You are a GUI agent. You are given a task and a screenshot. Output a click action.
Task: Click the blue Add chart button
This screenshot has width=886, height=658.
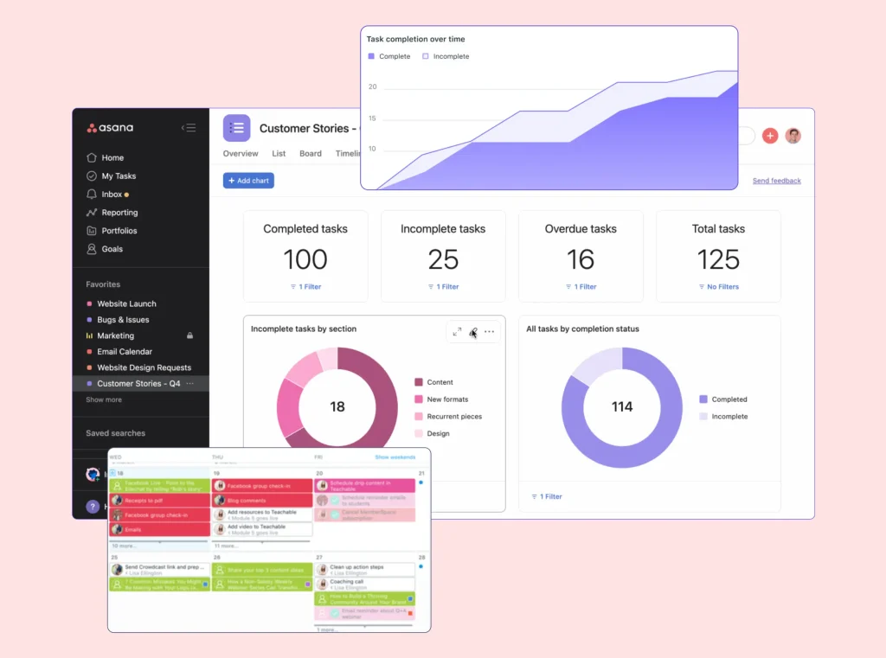[x=248, y=181]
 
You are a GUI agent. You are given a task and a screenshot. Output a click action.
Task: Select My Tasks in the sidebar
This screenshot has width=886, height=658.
[x=119, y=176]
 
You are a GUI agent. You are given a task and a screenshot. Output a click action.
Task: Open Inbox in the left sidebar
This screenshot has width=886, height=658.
[x=112, y=195]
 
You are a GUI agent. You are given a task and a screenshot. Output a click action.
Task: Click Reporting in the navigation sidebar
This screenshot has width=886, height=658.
[x=119, y=213]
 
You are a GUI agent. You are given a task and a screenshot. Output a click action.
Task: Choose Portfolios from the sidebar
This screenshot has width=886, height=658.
[x=119, y=231]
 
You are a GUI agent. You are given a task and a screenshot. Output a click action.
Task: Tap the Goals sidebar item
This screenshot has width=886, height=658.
[x=112, y=249]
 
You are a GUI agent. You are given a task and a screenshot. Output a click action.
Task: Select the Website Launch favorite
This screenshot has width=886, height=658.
[x=126, y=304]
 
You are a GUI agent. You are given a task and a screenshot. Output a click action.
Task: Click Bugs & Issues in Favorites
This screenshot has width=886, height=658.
[x=123, y=320]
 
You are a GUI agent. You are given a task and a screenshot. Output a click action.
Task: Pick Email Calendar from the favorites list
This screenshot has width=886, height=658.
[x=125, y=352]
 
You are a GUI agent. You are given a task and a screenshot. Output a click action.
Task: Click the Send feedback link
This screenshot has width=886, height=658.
[x=776, y=181]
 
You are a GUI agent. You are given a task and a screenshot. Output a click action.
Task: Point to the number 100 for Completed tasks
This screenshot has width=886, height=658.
[x=305, y=259]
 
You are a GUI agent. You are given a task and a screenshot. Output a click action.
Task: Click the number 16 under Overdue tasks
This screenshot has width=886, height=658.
[x=581, y=259]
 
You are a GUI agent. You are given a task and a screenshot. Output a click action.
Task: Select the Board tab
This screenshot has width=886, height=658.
[x=311, y=154]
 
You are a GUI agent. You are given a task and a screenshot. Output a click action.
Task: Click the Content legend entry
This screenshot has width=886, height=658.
[x=440, y=382]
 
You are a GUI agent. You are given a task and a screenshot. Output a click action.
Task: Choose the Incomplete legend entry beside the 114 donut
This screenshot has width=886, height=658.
[x=729, y=417]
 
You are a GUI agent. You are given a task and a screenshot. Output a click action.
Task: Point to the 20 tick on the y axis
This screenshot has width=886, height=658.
[x=372, y=87]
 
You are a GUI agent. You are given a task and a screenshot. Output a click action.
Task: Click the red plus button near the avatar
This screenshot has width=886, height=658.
[x=770, y=136]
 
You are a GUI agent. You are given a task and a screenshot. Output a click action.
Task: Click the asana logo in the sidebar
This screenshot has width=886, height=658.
[x=110, y=128]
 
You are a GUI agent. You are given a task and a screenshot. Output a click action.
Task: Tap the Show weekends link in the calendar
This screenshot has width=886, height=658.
[x=395, y=457]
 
